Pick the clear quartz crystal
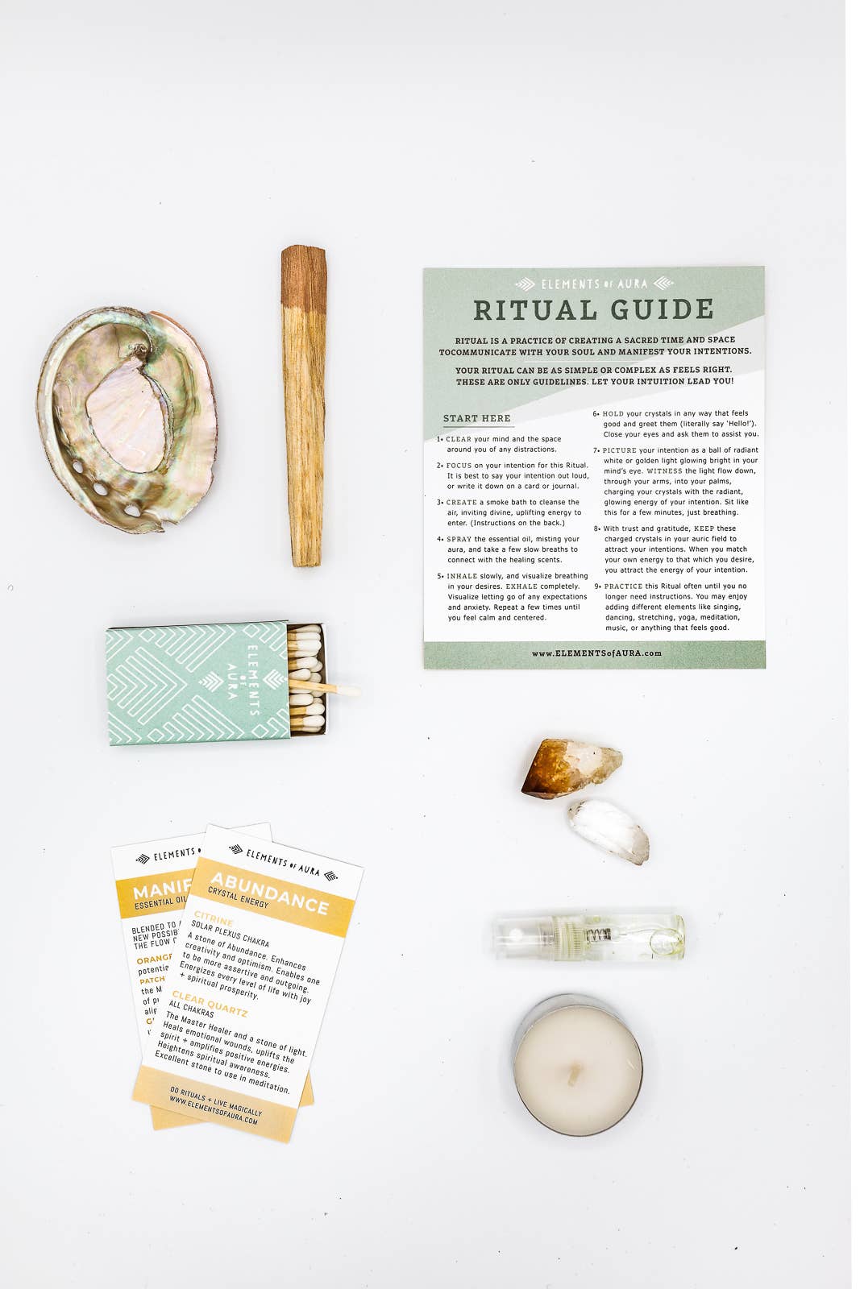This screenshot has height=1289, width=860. coord(609,830)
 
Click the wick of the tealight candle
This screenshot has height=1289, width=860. coord(575,1071)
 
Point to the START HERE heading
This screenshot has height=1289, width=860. coord(476,418)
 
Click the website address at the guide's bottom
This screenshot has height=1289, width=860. coord(596,653)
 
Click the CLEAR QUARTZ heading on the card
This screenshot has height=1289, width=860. coord(210,1003)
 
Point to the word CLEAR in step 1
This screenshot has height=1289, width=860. coord(459,439)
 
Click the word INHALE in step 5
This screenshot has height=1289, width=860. coord(462,576)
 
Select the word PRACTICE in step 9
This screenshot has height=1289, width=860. coord(623,586)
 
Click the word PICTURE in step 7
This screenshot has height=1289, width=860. coord(619,450)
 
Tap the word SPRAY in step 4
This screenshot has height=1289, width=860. coord(459,539)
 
